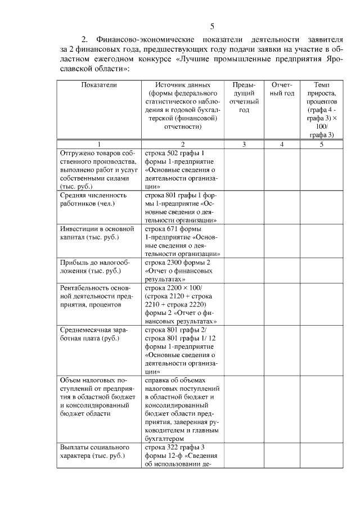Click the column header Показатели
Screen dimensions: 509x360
tap(98, 84)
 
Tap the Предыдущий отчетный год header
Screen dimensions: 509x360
tap(244, 97)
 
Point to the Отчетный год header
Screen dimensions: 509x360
tap(282, 89)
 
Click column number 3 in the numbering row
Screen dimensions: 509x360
tap(244, 145)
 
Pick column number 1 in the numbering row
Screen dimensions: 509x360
tap(98, 145)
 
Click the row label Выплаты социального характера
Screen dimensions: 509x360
tap(93, 451)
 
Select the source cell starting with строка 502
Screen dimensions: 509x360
tap(181, 169)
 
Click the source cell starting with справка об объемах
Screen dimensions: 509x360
tap(182, 409)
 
